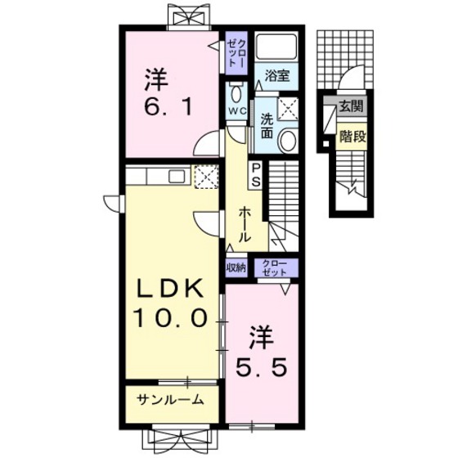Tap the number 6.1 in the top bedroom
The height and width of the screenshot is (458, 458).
coord(168,107)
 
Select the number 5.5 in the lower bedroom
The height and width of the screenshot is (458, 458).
coord(260,368)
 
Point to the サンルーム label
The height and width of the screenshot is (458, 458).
coord(170,400)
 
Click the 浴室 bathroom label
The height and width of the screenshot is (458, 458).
coord(277,76)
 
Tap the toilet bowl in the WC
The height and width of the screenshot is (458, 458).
coord(236,93)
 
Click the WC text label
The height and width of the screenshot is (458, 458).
coord(237,111)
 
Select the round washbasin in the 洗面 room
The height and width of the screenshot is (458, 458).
coord(287,141)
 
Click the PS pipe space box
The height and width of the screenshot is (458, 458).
coord(255,175)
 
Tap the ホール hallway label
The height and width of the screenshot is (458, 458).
coord(245,225)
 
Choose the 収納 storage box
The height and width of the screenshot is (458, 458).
coord(236,267)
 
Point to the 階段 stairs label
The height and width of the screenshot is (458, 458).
coord(352,136)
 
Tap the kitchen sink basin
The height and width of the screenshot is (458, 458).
coord(177,177)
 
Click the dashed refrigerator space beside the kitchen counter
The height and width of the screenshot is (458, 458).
coord(206,177)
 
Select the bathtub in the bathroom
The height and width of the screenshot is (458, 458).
coord(276,47)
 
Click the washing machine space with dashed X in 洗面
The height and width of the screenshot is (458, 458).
coord(288,108)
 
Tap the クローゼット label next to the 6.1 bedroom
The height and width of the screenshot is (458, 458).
coord(236,53)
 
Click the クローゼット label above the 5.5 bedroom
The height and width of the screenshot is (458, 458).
coord(275,268)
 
